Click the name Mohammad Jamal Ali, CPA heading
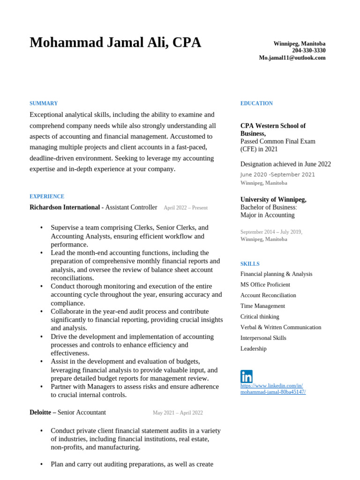(115, 43)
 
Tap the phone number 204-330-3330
(308, 51)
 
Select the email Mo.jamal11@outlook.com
(292, 58)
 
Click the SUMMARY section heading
(44, 104)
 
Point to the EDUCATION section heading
(256, 104)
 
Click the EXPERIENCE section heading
(47, 197)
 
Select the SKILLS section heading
(250, 264)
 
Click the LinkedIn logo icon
(247, 376)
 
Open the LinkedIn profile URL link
(273, 389)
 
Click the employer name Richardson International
(65, 207)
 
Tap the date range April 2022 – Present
(185, 208)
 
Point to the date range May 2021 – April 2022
(178, 413)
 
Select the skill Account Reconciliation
(268, 295)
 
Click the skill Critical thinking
(260, 317)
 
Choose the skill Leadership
(253, 349)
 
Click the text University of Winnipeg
(273, 200)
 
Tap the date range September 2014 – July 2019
(271, 232)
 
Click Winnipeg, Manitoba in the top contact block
(299, 44)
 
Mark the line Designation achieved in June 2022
(285, 164)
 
